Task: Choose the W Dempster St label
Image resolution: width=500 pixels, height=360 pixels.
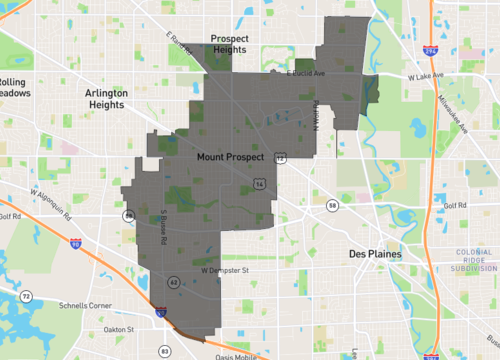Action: [x=222, y=269]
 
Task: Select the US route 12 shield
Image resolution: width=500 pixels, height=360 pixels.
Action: [x=282, y=158]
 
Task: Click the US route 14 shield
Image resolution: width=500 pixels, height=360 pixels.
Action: [x=259, y=185]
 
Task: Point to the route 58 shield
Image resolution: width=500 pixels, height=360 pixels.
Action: [x=332, y=205]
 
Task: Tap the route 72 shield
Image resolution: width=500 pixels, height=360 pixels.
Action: [x=26, y=297]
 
